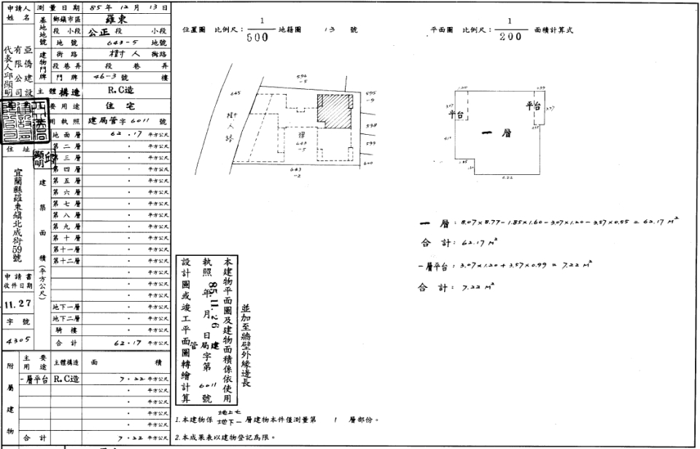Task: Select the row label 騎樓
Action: tap(65, 329)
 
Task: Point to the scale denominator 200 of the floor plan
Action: tap(510, 37)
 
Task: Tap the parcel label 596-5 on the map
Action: tap(303, 79)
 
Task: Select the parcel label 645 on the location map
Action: tap(235, 93)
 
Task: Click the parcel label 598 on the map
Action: tap(371, 125)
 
